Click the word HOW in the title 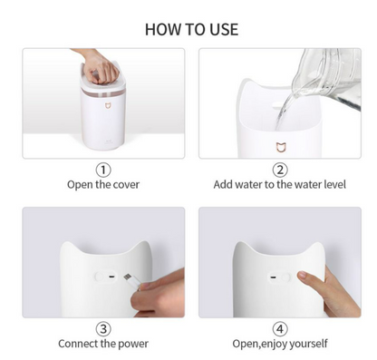pyautogui.click(x=162, y=29)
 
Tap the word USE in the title pyautogui.click(x=223, y=29)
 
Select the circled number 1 pyautogui.click(x=103, y=170)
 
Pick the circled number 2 pyautogui.click(x=280, y=170)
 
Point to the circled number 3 pyautogui.click(x=103, y=328)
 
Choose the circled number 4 pyautogui.click(x=280, y=328)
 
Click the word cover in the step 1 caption pyautogui.click(x=124, y=184)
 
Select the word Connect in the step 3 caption pyautogui.click(x=80, y=344)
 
